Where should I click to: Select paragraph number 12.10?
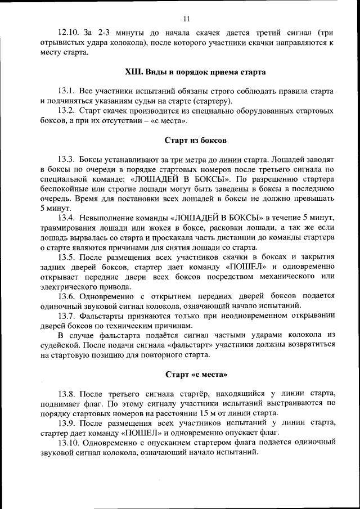tap(69, 33)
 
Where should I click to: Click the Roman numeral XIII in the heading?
tap(134, 72)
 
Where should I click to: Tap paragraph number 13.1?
tap(67, 91)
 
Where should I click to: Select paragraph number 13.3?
tap(67, 159)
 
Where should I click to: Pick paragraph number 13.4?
tap(67, 218)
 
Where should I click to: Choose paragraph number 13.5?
tap(67, 257)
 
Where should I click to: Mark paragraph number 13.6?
tap(67, 296)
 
